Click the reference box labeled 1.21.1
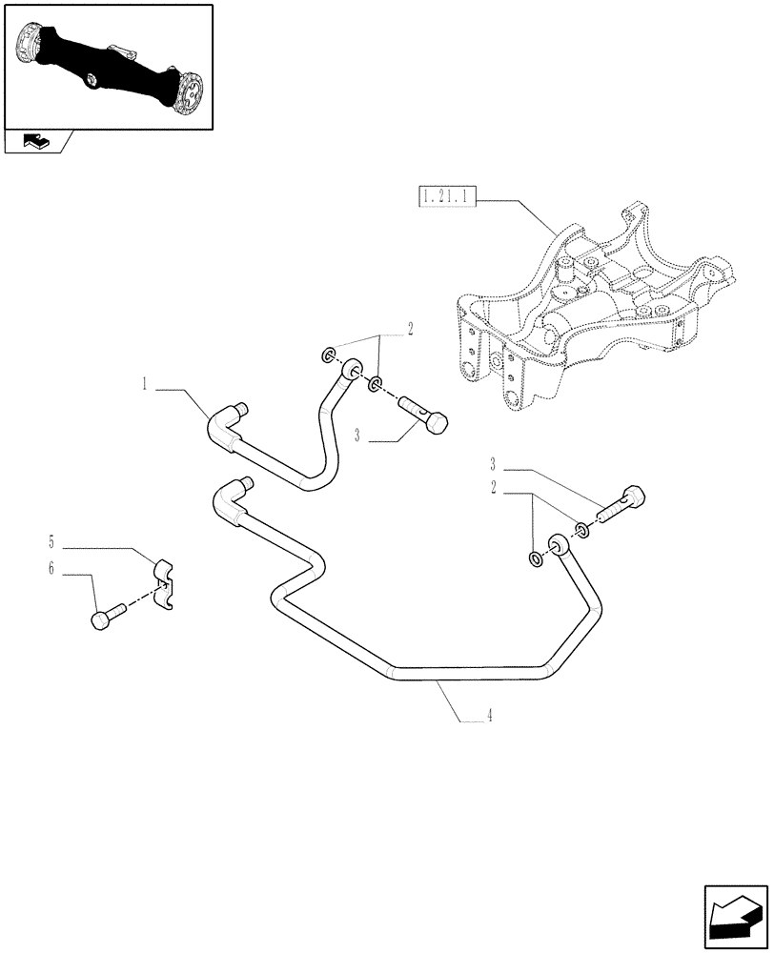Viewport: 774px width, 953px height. (x=445, y=199)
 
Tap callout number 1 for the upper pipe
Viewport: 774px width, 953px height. (x=145, y=385)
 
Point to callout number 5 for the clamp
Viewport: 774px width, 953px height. (x=50, y=544)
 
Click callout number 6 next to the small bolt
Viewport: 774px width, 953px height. (x=50, y=570)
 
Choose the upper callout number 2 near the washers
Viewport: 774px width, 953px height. (x=410, y=329)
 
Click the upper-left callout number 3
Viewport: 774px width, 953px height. (x=356, y=436)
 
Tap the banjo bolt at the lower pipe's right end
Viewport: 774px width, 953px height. (x=621, y=502)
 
